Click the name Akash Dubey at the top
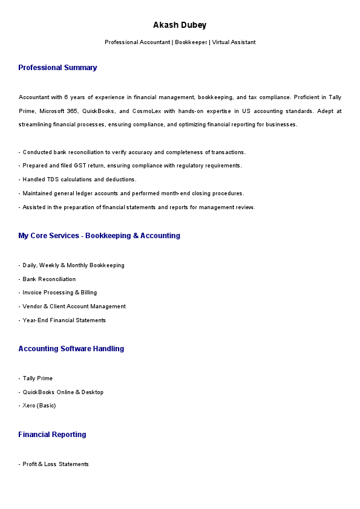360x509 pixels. tap(180, 25)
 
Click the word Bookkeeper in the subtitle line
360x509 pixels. tap(191, 42)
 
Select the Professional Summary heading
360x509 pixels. tap(57, 68)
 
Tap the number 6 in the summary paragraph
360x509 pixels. tap(66, 97)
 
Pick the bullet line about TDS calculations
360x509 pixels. tap(79, 180)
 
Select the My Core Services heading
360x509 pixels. tap(99, 236)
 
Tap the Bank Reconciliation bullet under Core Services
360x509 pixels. tap(49, 279)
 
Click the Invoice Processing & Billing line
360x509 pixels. tap(59, 293)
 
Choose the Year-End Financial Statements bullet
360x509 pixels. tap(64, 320)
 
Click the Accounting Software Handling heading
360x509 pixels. tap(71, 349)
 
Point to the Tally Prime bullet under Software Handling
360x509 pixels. tap(38, 378)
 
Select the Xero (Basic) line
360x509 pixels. tap(39, 406)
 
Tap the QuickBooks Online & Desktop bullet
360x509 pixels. tap(63, 392)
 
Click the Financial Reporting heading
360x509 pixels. tap(52, 435)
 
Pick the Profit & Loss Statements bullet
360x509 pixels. tap(56, 464)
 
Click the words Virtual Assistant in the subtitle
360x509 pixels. tap(234, 42)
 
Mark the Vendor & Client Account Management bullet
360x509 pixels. tap(74, 306)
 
